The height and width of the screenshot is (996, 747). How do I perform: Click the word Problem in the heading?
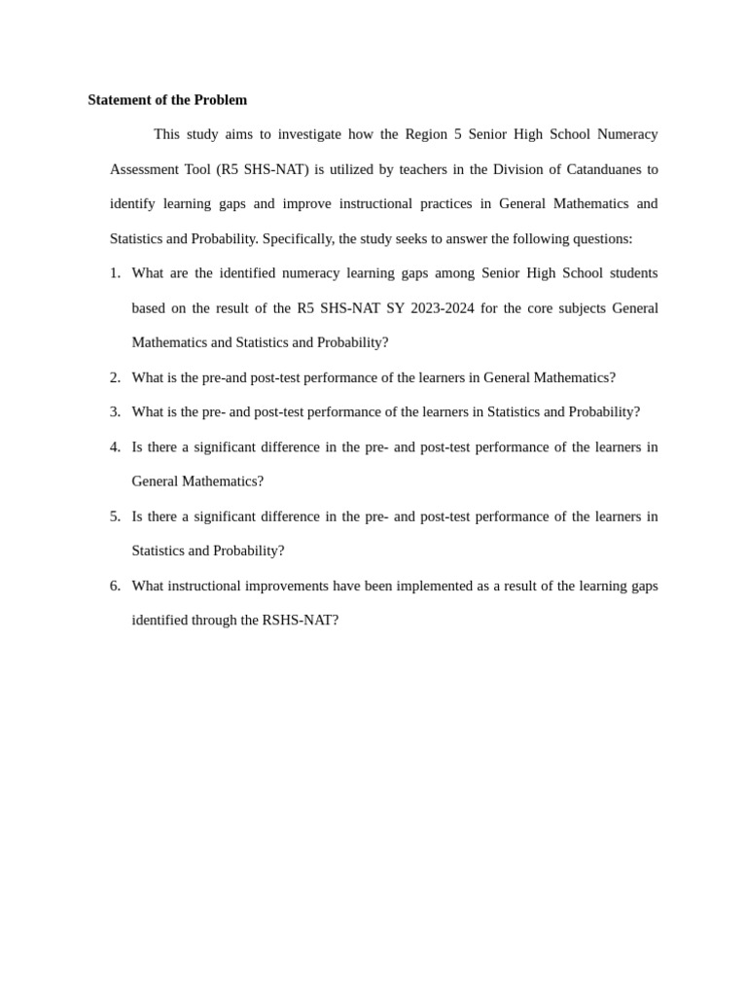pyautogui.click(x=221, y=100)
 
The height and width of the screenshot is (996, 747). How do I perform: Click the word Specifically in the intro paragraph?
pyautogui.click(x=298, y=238)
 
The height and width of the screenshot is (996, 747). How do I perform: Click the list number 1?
pyautogui.click(x=115, y=273)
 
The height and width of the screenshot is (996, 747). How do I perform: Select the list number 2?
pyautogui.click(x=115, y=377)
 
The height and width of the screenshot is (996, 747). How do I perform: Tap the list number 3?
pyautogui.click(x=115, y=411)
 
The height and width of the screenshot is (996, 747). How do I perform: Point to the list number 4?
pyautogui.click(x=115, y=446)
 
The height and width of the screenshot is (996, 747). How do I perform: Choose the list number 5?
pyautogui.click(x=115, y=516)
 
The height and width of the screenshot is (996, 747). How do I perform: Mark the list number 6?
pyautogui.click(x=115, y=586)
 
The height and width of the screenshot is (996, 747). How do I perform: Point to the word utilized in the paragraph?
pyautogui.click(x=351, y=169)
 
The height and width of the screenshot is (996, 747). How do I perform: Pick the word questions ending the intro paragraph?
pyautogui.click(x=602, y=238)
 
